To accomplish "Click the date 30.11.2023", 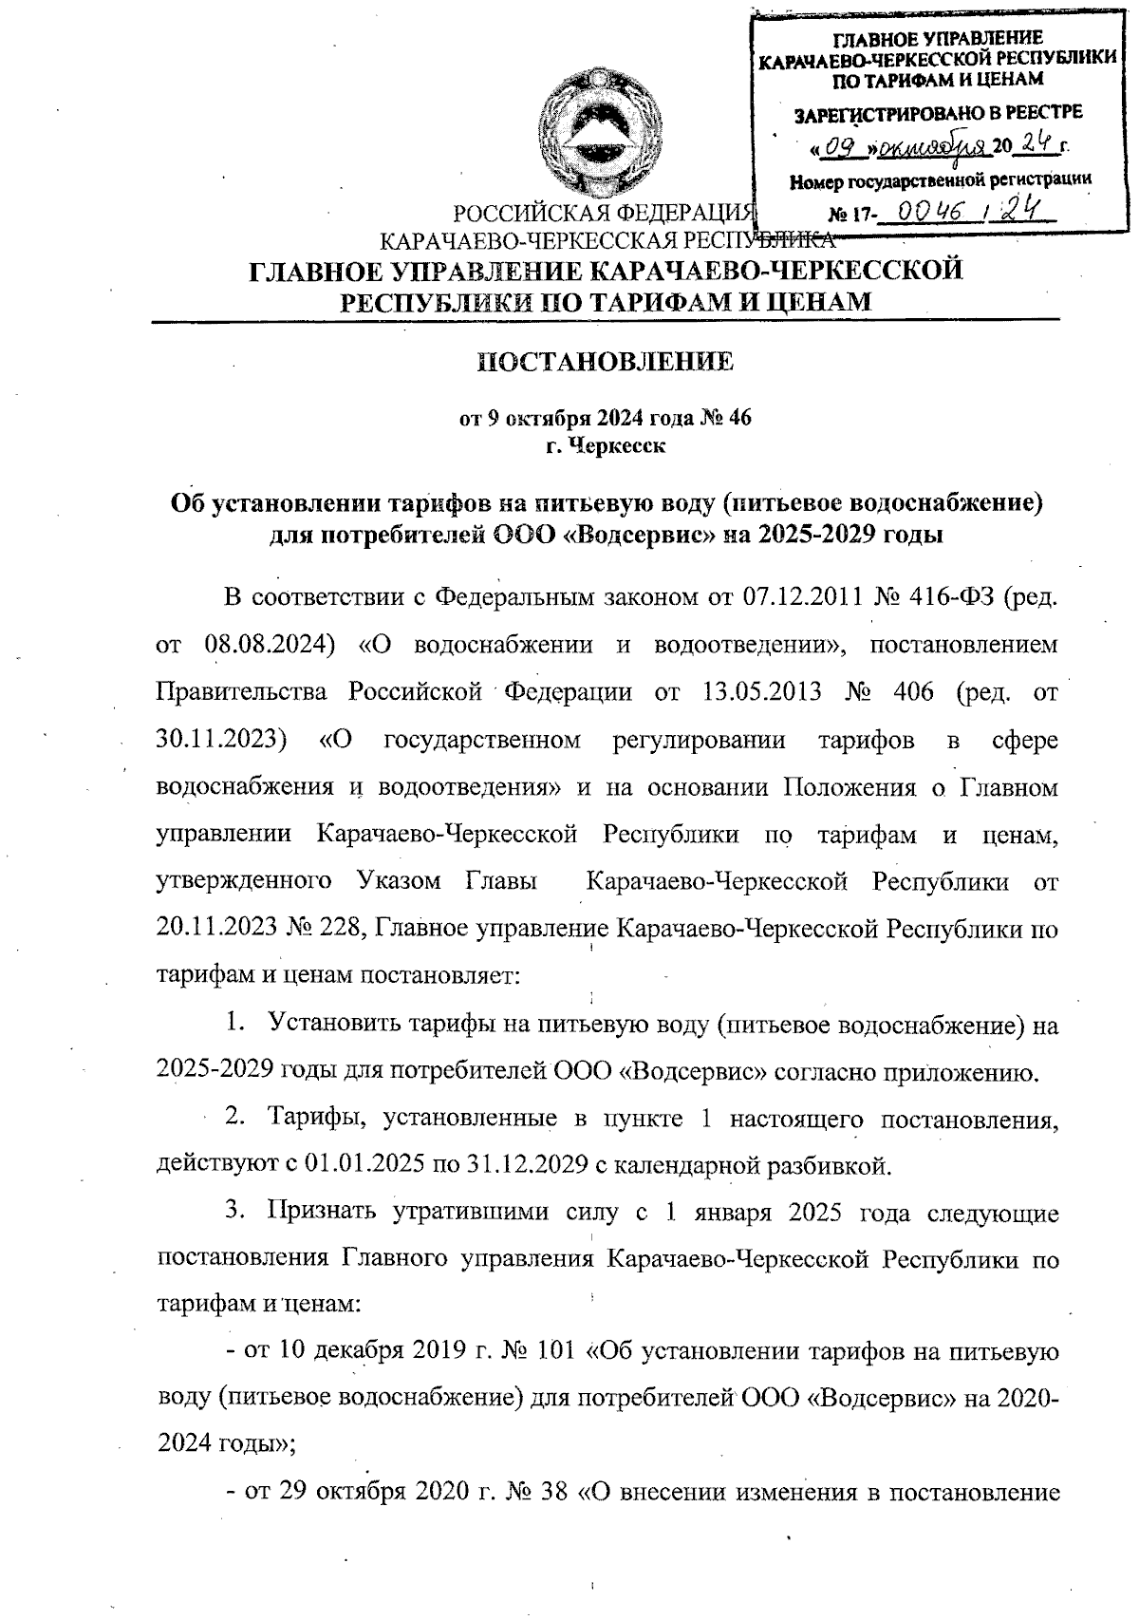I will coord(220,739).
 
